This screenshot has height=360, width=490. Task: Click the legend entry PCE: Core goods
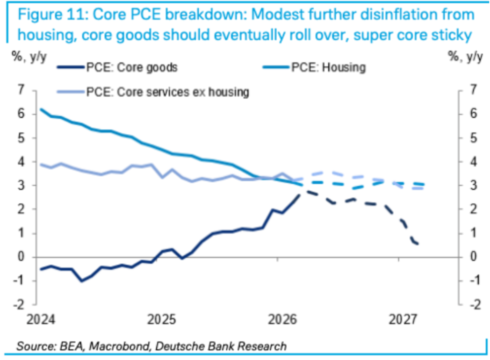pyautogui.click(x=131, y=67)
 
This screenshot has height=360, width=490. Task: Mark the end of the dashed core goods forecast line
pyautogui.click(x=418, y=244)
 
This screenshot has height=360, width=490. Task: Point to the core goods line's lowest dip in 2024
pyautogui.click(x=82, y=281)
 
